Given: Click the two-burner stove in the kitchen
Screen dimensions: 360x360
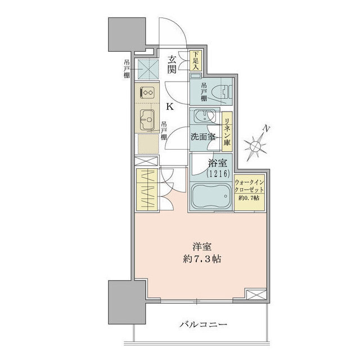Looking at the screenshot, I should [148, 93].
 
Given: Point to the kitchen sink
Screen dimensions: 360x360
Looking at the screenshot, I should [148, 119].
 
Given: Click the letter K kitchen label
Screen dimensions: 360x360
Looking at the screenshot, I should [168, 105].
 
